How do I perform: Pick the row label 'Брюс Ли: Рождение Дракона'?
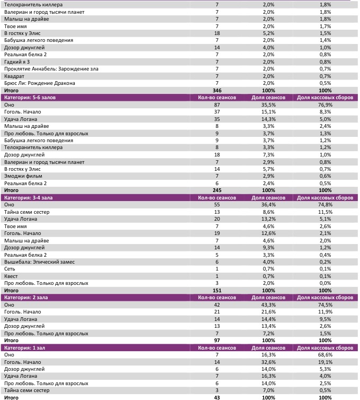39,83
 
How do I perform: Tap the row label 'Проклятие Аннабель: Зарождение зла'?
51,69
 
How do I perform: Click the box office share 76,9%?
326,105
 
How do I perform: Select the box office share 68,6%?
326,354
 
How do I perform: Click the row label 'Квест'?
11,276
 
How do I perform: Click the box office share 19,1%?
326,362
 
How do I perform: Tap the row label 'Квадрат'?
14,76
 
